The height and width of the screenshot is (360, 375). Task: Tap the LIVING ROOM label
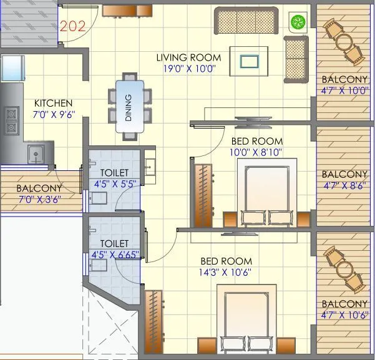188,58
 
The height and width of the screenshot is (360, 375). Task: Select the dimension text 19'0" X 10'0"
188,69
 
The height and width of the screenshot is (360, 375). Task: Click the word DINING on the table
129,107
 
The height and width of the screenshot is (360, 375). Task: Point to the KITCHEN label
53,103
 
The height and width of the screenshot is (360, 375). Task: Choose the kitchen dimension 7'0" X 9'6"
53,114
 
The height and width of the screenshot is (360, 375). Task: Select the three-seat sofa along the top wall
246,21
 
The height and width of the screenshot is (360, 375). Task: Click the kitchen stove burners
11,120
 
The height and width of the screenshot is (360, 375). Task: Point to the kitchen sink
35,153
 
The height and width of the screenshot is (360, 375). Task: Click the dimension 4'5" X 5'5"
114,184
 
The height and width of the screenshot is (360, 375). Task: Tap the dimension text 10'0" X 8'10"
256,152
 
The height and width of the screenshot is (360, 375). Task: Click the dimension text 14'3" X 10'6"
226,272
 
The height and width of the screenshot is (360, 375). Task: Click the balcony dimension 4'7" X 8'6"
344,185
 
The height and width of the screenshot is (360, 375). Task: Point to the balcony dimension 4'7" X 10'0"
344,90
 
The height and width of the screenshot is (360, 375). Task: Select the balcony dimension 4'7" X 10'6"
344,314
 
